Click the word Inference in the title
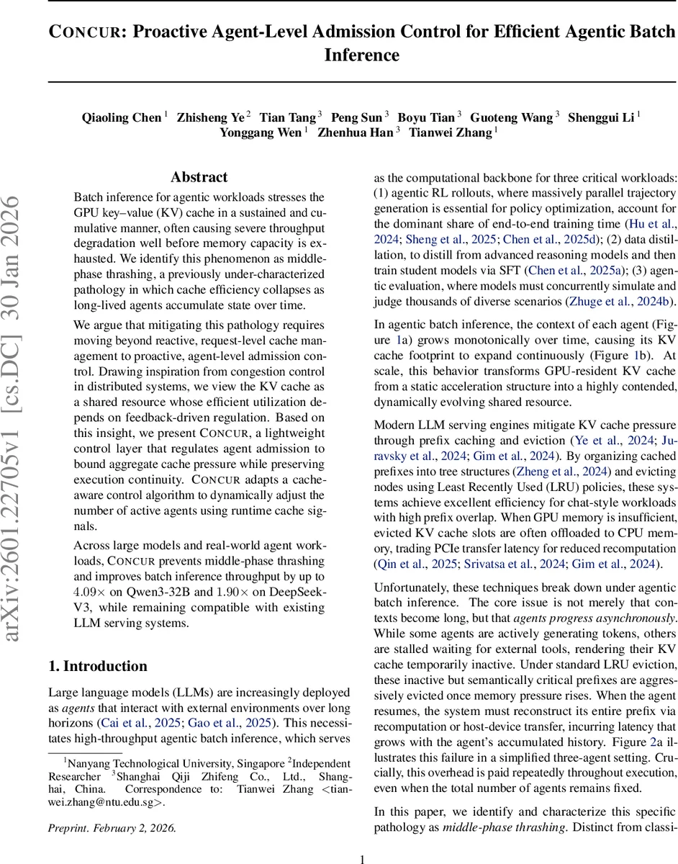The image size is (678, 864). point(361,55)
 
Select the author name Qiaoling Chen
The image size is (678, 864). point(122,117)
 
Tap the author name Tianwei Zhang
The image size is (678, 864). point(450,132)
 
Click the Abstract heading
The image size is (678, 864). point(199,177)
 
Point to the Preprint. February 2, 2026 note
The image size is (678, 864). point(112,828)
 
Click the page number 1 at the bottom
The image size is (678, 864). point(363,858)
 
